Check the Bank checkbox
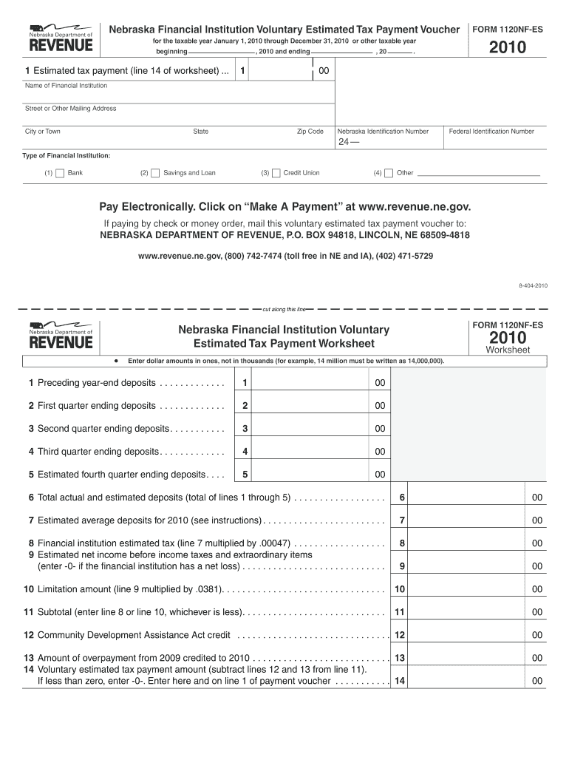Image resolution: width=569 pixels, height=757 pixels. tap(60, 173)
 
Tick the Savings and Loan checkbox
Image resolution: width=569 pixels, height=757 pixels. tap(155, 173)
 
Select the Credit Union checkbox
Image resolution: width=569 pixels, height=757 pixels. tap(276, 173)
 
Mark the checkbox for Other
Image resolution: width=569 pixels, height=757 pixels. tap(389, 173)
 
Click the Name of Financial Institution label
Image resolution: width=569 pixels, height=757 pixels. tap(67, 86)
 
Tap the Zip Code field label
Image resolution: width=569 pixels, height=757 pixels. tap(310, 132)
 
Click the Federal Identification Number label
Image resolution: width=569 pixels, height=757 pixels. tap(491, 132)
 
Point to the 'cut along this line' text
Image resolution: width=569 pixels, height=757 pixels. tap(284, 309)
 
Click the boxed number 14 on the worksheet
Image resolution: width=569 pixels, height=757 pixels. tap(400, 681)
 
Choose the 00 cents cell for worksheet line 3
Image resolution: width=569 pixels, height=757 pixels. tap(379, 429)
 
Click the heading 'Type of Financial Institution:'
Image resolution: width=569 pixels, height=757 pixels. tap(67, 156)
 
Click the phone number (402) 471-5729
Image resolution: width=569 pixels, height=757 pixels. tap(404, 256)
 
